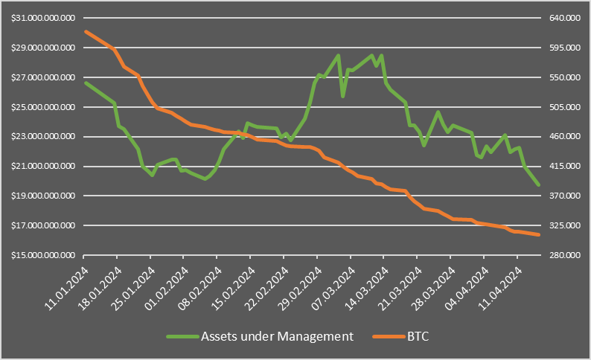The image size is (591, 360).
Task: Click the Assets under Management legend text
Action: [x=276, y=336]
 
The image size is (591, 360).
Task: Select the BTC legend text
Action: [x=418, y=336]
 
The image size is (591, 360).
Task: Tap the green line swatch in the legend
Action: [x=180, y=337]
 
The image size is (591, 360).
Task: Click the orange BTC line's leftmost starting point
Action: [x=86, y=31]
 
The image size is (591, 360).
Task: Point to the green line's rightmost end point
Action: [x=539, y=185]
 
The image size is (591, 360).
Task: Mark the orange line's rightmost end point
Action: [x=539, y=235]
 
